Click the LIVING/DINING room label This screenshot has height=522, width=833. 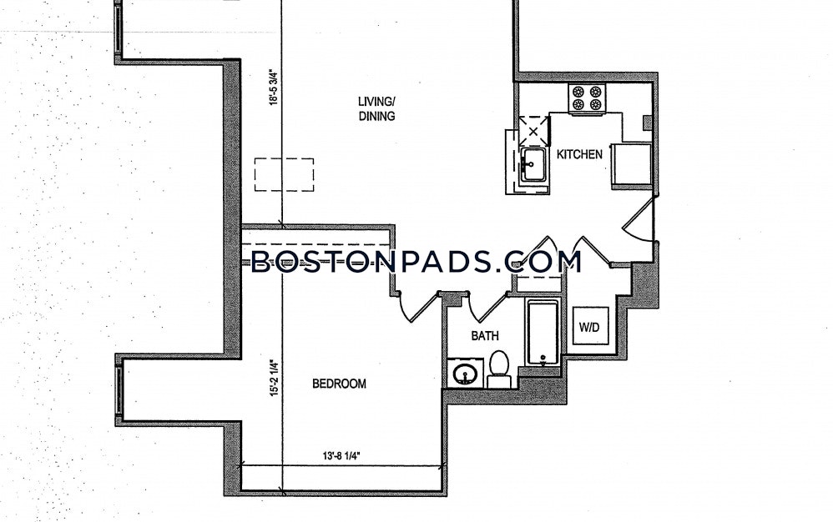[x=376, y=108]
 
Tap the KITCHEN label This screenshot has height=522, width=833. [x=579, y=154]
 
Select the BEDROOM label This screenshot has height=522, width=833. [x=339, y=384]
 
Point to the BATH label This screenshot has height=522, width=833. [x=485, y=336]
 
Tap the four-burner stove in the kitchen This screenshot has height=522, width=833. [x=587, y=98]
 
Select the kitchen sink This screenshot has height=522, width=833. [x=533, y=165]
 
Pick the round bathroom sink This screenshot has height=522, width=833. [x=466, y=374]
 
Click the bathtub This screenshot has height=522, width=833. [x=543, y=332]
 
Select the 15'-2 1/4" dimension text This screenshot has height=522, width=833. [x=274, y=379]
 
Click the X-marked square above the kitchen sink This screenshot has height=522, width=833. [x=533, y=130]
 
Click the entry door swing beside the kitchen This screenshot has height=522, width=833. [x=639, y=221]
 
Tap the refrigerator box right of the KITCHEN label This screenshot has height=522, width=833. [x=632, y=164]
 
